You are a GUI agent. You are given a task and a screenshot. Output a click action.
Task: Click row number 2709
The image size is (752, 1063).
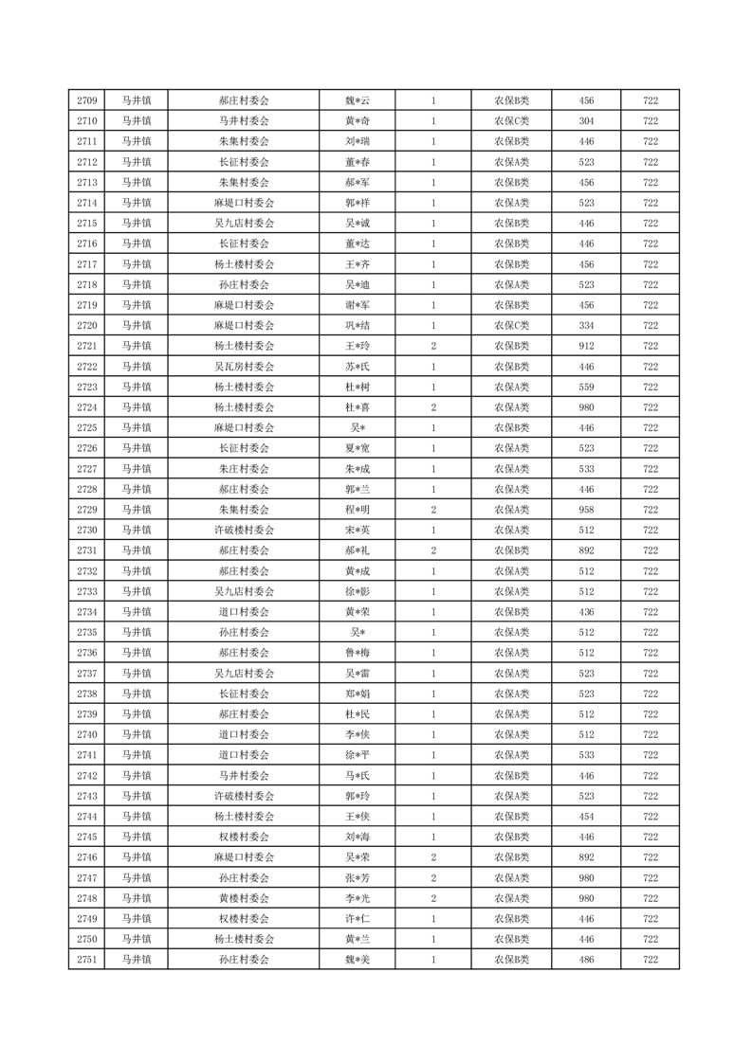click(86, 100)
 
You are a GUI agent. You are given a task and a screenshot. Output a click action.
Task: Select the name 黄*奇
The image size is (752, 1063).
click(357, 121)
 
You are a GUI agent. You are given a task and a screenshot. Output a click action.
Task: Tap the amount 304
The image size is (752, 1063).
click(586, 121)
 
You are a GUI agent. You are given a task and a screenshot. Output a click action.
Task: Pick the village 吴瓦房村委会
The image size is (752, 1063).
click(244, 367)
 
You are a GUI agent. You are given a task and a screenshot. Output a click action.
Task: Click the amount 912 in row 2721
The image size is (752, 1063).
click(586, 346)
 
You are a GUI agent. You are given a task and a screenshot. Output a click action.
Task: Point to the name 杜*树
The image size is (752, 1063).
click(357, 387)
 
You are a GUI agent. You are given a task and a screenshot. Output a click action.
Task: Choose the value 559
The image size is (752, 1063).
click(586, 387)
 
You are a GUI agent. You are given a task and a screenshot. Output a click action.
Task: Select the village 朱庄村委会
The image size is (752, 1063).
click(244, 469)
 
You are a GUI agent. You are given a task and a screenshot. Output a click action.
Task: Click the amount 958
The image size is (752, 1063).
click(586, 510)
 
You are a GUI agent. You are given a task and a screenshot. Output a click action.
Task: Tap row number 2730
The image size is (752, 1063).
click(86, 530)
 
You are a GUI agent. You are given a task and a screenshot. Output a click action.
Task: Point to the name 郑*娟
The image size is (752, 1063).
click(357, 694)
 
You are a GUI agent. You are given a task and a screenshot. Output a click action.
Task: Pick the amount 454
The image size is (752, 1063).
click(586, 816)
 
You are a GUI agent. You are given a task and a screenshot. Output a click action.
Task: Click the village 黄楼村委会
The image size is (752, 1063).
click(244, 898)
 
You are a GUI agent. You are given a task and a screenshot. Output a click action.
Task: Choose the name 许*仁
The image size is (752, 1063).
click(357, 918)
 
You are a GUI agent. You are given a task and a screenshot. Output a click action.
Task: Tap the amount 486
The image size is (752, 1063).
click(586, 960)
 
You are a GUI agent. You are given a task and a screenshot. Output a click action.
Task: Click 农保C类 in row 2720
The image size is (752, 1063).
click(511, 326)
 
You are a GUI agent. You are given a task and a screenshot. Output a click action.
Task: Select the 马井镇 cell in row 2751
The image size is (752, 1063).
click(137, 960)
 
